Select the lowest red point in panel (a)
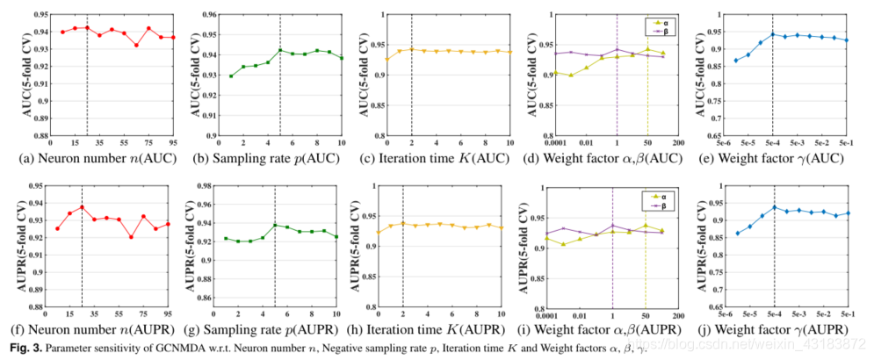[x=136, y=45]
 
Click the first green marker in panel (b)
[x=230, y=76]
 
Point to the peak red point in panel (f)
[x=82, y=207]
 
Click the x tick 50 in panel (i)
[x=646, y=313]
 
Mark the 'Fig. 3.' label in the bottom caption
[x=18, y=348]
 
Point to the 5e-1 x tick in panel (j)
[x=847, y=313]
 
